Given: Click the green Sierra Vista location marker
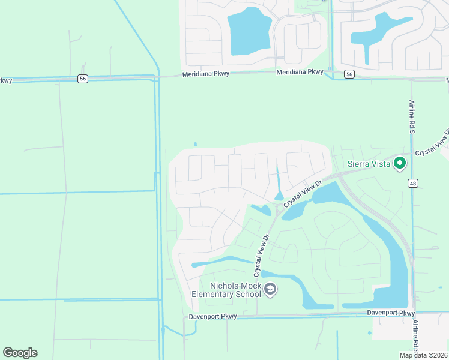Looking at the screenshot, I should (400, 163).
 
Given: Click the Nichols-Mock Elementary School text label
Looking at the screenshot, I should (226, 290).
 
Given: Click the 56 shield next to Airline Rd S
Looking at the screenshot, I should (349, 74).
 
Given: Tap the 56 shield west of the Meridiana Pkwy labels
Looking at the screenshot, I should (83, 78).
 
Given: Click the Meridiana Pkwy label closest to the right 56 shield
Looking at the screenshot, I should (300, 72).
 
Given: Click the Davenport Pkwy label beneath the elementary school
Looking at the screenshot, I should (213, 316).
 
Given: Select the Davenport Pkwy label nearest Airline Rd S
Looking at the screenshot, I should (391, 313).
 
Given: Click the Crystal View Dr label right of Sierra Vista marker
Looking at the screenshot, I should (432, 143).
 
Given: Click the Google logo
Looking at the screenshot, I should (20, 353).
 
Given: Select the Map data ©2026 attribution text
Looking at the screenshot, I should (423, 355).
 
